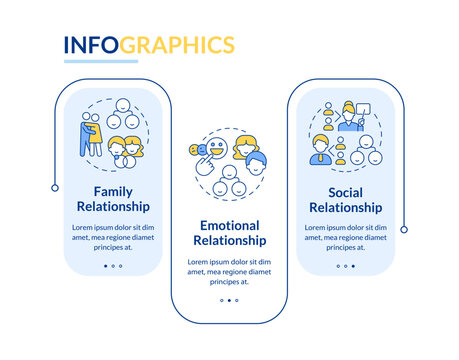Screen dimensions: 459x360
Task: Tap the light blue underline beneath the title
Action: click(x=101, y=62)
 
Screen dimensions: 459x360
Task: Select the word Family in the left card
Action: click(x=113, y=191)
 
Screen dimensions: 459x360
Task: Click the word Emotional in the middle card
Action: click(x=229, y=225)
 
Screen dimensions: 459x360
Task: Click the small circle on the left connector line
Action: click(x=53, y=187)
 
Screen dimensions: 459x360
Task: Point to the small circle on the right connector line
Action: click(x=404, y=229)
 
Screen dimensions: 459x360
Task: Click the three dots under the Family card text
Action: click(x=113, y=266)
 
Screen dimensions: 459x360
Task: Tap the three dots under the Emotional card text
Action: click(x=229, y=300)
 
